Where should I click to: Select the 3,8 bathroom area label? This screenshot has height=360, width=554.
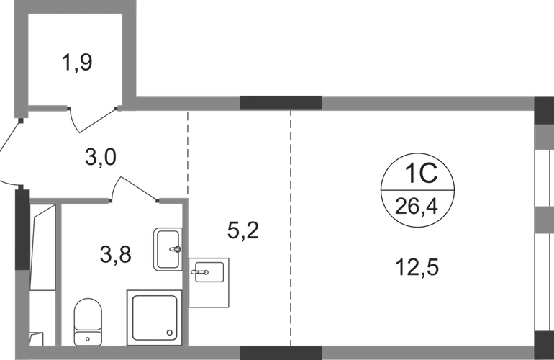pos(114,253)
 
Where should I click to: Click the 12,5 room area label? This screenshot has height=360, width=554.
pos(417,269)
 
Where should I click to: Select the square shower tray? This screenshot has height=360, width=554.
pos(153,315)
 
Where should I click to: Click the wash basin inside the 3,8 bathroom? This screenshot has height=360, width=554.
pos(167,249)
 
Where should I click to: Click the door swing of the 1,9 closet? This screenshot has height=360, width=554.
pos(92,120)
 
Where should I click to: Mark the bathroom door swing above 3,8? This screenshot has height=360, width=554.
pos(133,188)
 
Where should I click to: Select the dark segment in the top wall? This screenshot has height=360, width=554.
pos(281,102)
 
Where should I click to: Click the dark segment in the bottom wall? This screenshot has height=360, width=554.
pos(281,353)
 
